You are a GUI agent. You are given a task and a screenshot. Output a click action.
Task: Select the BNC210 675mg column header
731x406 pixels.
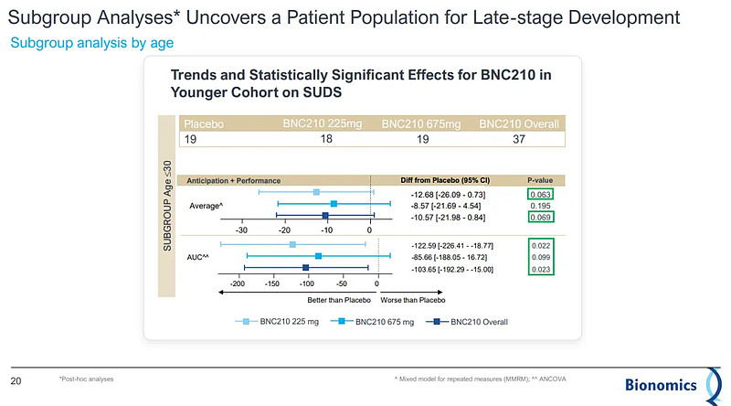pos(420,123)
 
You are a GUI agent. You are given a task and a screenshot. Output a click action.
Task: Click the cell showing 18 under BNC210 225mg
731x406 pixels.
pos(325,138)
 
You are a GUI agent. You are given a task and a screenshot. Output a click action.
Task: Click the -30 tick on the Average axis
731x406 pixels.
pos(242,229)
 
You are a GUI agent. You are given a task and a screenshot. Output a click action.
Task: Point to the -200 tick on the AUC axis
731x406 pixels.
pos(238,284)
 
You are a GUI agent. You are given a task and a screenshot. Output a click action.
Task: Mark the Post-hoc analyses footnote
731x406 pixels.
pos(87,378)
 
